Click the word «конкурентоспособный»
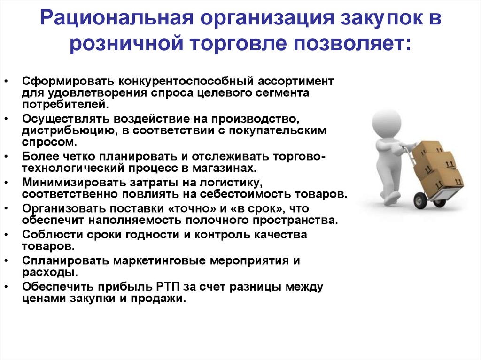[x=186, y=81]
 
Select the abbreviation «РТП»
[x=169, y=287]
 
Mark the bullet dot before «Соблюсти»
[x=6, y=235]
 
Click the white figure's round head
[x=386, y=123]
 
